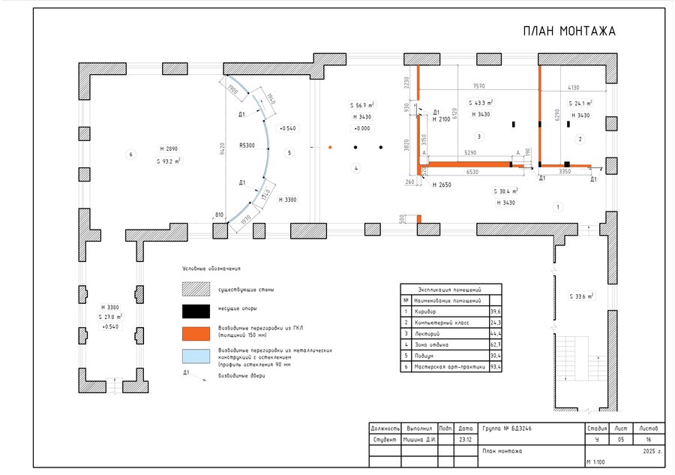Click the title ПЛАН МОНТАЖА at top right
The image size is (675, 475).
568,32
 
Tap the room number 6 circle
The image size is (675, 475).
130,155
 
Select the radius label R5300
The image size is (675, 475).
247,145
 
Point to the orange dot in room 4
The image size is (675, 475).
329,147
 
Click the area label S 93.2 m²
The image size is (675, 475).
169,161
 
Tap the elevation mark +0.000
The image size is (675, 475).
361,128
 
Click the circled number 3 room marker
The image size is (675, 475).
478,136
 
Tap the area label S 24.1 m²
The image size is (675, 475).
580,104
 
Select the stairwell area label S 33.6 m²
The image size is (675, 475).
580,296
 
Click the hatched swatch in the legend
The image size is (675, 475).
195,289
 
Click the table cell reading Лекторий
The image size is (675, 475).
427,333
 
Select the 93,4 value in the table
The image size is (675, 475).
495,367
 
